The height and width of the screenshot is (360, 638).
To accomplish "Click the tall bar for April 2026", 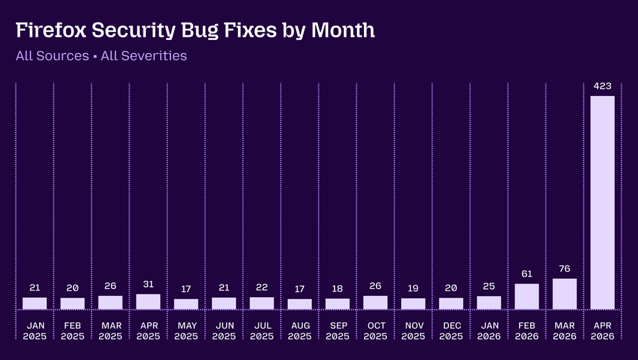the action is coord(602,202).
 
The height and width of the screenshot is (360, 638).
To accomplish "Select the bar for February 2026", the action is coord(526,296).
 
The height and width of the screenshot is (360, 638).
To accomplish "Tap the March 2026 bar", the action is coord(564,294).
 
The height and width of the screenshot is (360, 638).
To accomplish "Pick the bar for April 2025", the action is coord(148,302).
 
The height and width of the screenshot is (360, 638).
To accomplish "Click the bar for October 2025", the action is coord(375,303).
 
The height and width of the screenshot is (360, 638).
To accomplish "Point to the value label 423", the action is coord(602,86).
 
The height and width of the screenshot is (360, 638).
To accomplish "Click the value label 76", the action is coord(564,269).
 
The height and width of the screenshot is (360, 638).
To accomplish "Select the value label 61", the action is coord(526,274).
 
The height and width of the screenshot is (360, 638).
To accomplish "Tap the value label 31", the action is coord(148,285).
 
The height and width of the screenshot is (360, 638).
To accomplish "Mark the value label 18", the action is coord(337,289).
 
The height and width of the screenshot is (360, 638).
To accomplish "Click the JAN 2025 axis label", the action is coord(35,331).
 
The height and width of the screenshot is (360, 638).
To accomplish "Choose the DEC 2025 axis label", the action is coord(451,331).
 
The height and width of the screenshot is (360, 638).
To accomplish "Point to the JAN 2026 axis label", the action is coord(489,331).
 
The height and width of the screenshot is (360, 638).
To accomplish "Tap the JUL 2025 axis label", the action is coord(262,331).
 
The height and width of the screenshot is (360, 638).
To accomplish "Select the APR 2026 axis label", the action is coord(602,331).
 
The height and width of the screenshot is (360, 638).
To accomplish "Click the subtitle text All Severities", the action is coord(144,55).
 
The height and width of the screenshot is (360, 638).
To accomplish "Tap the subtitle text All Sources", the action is coord(52,55).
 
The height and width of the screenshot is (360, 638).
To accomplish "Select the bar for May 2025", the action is coord(186,305).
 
